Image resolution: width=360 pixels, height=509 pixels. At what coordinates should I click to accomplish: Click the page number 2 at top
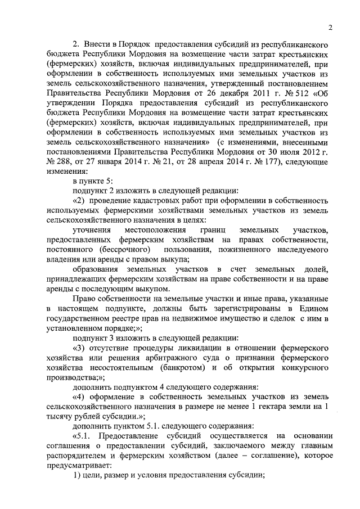(331, 26)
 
